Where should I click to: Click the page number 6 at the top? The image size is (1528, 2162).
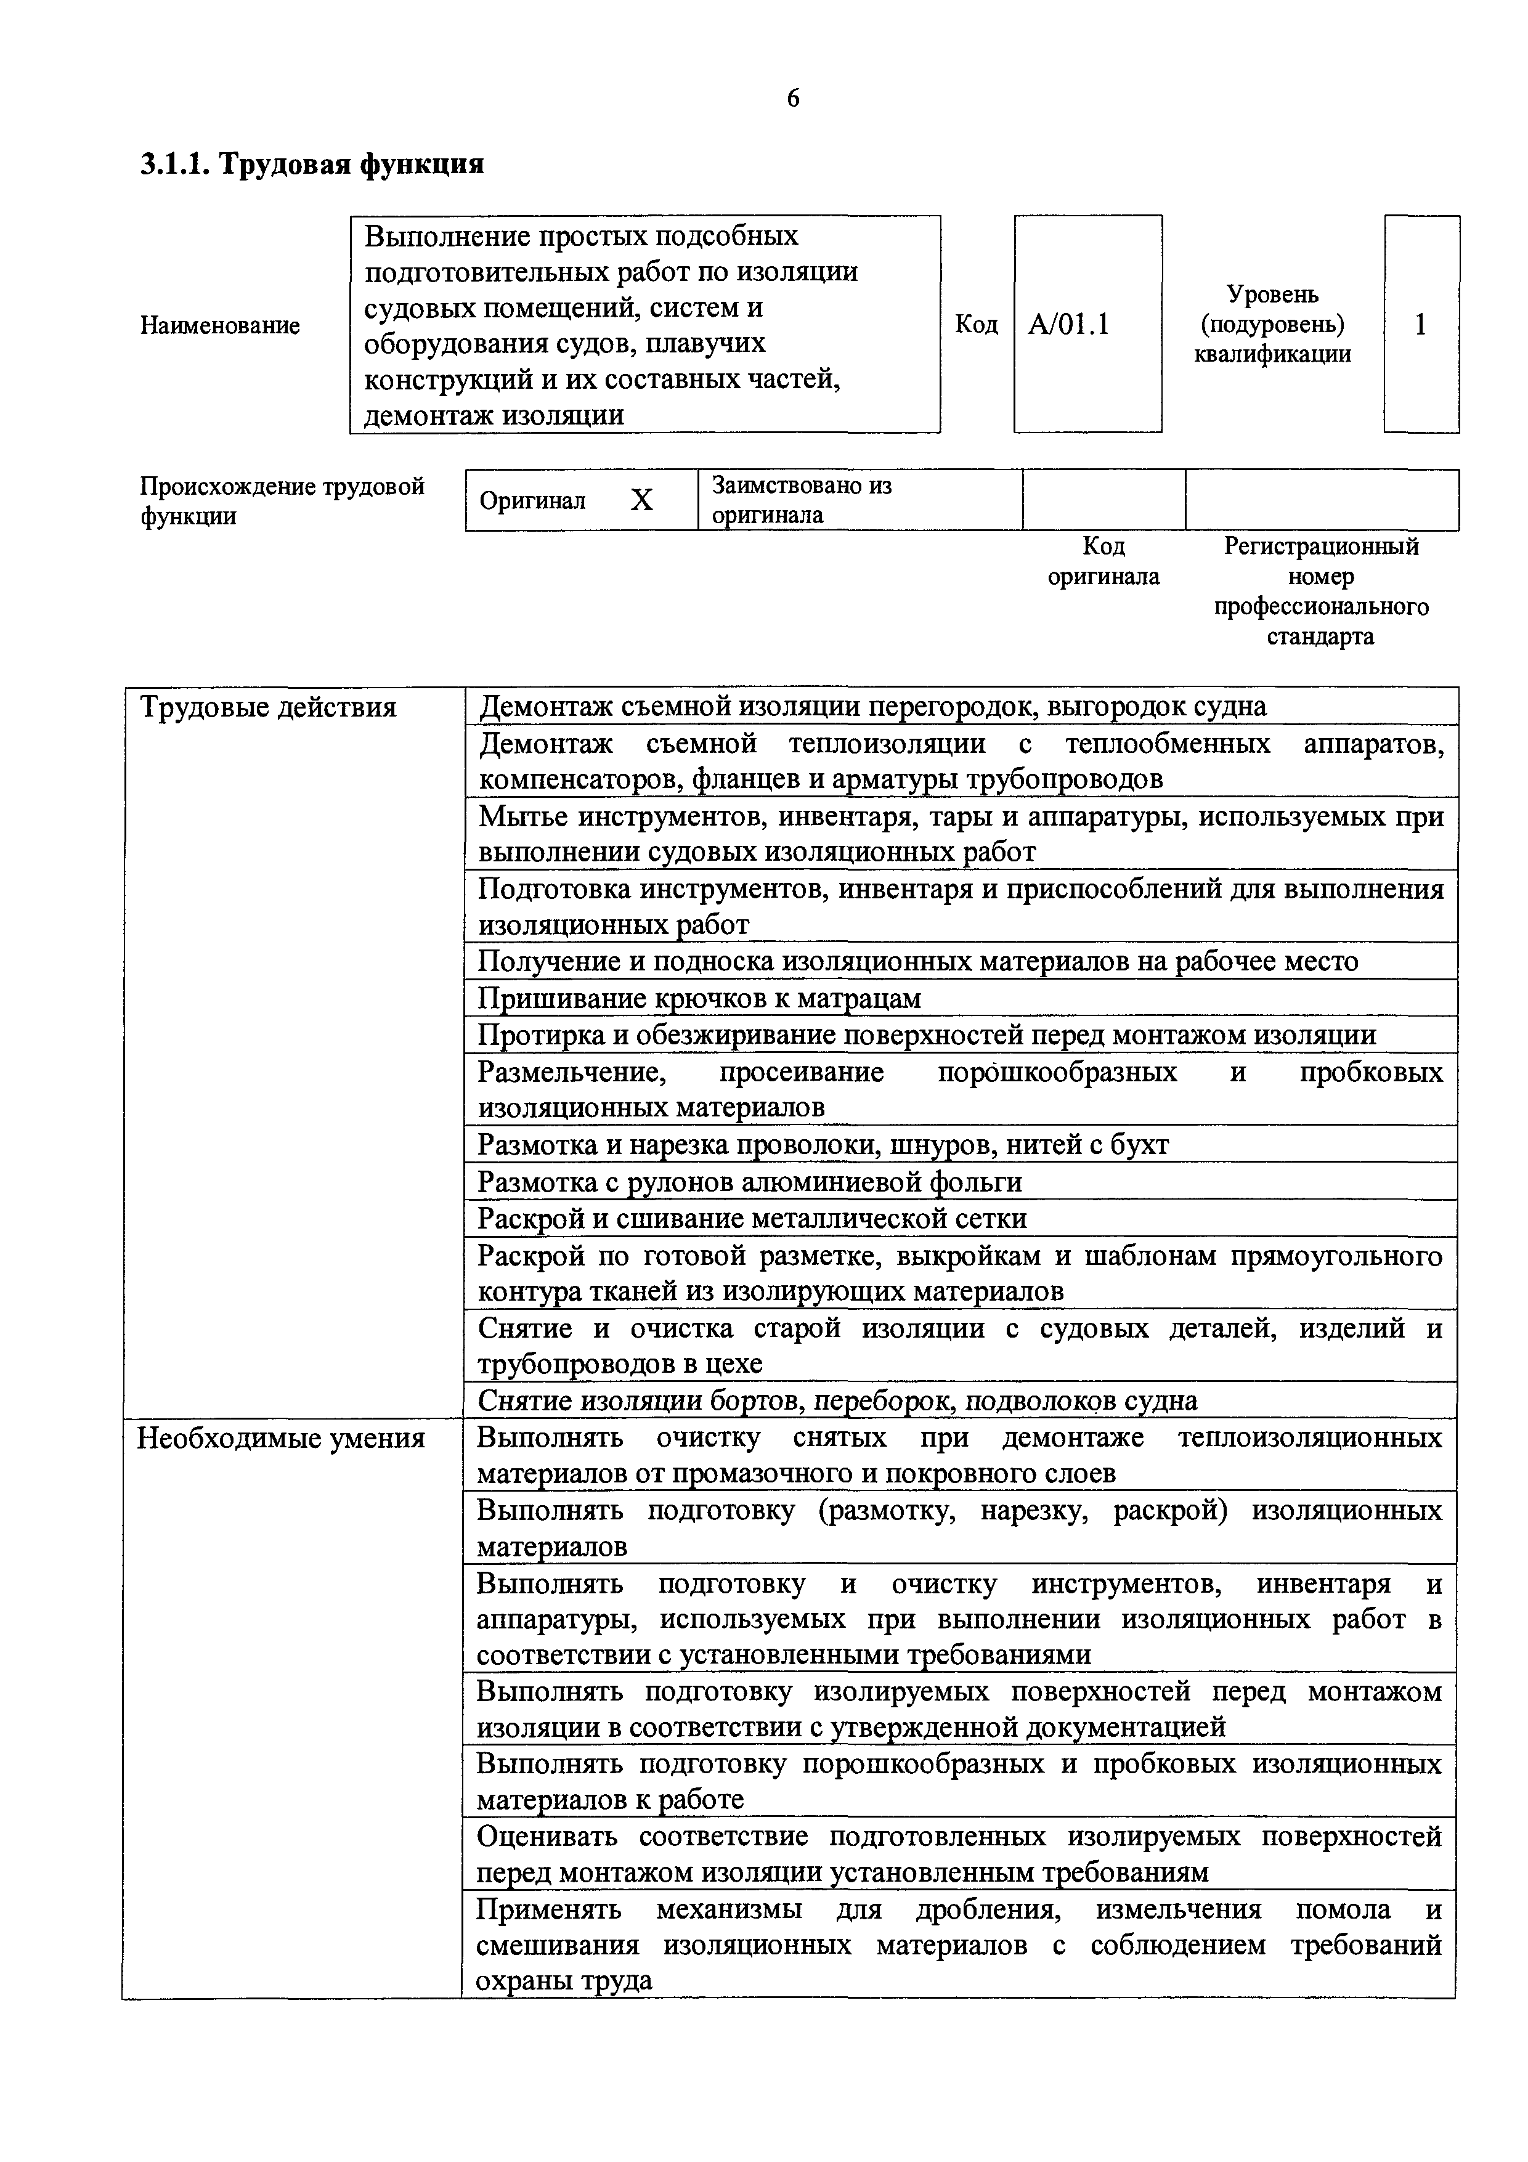tap(793, 99)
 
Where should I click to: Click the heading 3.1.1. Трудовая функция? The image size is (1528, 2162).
tap(312, 165)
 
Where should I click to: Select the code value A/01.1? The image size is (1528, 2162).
tap(1068, 325)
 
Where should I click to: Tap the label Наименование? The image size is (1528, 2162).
tap(221, 326)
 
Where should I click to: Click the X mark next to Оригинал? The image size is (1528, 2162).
tap(641, 501)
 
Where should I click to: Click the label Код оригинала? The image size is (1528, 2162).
tap(1103, 561)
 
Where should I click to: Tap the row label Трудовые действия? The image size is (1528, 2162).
tap(268, 707)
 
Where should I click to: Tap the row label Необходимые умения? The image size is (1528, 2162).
tap(280, 1439)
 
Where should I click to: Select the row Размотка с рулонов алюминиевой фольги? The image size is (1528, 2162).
tap(749, 1182)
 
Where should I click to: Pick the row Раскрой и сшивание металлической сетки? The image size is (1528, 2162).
tap(751, 1219)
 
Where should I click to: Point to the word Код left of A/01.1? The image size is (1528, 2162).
tap(977, 325)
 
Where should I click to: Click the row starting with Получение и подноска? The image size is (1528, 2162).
tap(918, 961)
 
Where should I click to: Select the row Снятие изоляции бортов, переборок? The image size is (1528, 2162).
tap(837, 1401)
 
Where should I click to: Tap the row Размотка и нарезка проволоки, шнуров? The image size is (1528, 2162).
tap(823, 1145)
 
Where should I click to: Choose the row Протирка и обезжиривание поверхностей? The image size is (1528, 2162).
tap(927, 1035)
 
